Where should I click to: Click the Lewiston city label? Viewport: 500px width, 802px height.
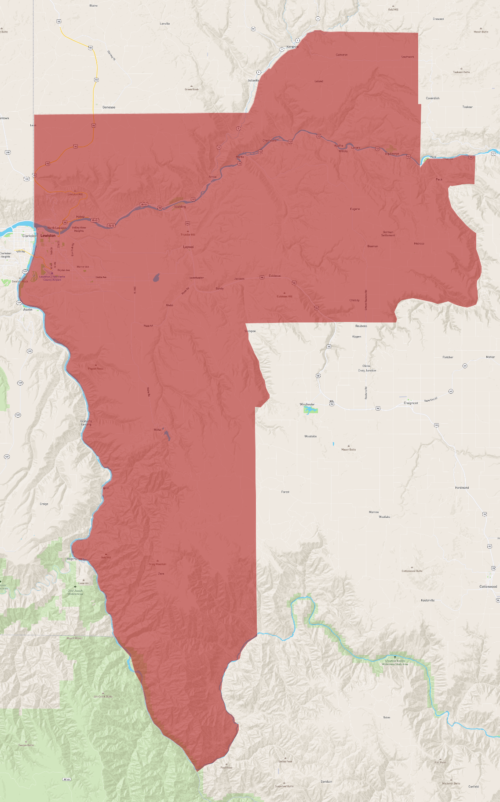click(x=48, y=236)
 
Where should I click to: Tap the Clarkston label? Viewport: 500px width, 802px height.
click(x=29, y=236)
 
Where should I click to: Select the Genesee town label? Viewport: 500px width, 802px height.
click(x=109, y=107)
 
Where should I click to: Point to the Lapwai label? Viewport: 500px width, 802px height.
click(x=188, y=247)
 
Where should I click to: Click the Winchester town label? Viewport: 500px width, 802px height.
click(x=307, y=404)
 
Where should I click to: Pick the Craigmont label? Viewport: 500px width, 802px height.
click(x=411, y=403)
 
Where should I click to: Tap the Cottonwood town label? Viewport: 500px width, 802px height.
click(x=488, y=586)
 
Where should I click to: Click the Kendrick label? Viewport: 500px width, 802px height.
click(x=292, y=47)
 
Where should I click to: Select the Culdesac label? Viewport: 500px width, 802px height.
click(x=275, y=276)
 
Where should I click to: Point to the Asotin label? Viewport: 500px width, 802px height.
click(x=28, y=310)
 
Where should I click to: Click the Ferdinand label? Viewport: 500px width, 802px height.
click(x=462, y=487)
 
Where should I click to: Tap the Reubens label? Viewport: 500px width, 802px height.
click(x=361, y=326)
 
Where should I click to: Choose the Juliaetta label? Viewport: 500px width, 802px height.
click(x=253, y=81)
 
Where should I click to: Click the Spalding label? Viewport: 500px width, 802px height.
click(x=180, y=206)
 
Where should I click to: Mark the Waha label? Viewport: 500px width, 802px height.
click(x=157, y=430)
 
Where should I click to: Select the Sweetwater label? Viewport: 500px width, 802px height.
click(x=197, y=278)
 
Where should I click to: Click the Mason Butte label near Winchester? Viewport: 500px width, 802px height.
click(x=349, y=450)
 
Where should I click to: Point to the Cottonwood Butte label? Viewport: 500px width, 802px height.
click(x=412, y=571)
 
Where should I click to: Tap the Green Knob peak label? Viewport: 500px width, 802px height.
click(x=191, y=89)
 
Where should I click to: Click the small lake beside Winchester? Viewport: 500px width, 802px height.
click(x=310, y=410)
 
